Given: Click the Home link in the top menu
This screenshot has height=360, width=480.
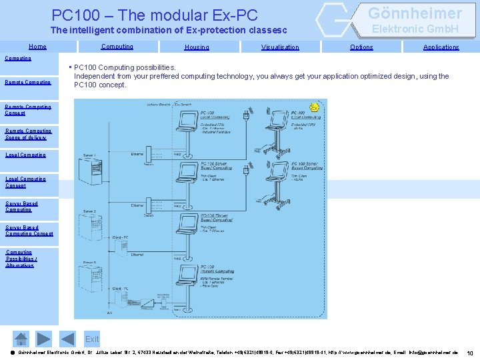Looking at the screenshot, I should coord(37,47).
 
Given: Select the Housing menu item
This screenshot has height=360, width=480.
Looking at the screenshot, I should coord(197,47).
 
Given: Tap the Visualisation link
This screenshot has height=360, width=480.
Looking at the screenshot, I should coord(280,47).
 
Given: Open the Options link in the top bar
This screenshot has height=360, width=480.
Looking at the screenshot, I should coord(361,47).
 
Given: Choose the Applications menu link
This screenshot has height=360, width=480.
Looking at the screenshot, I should coord(441,47).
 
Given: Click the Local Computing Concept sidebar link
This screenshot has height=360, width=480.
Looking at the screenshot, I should coord(26,182).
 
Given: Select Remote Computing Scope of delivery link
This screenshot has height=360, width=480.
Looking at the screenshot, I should coord(29,134).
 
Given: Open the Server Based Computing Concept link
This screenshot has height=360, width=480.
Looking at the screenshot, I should coord(29,231).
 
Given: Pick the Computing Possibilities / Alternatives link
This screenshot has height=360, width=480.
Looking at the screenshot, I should coord(20,259).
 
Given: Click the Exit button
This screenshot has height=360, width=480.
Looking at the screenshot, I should coord(92,339).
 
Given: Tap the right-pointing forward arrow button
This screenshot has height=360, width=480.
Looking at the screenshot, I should coord(65,339).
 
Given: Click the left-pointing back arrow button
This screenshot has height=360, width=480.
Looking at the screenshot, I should coord(43,339).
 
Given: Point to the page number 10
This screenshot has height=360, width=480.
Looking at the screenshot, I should coord(470,353).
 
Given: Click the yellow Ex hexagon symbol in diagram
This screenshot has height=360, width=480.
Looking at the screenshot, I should coord(314,107).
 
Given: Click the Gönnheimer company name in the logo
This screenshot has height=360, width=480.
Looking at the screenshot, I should coord(415,13).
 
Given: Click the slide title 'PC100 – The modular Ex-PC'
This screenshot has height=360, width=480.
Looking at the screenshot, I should coord(155,15).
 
